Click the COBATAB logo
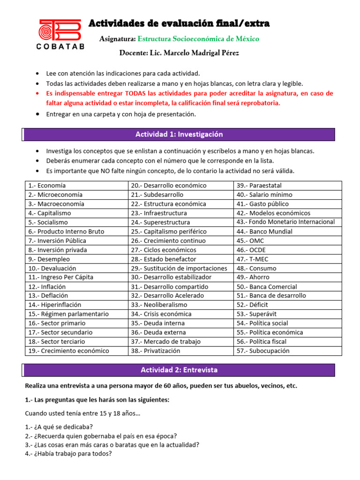(60, 34)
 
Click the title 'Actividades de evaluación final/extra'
(179, 23)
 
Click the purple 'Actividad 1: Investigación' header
(179, 135)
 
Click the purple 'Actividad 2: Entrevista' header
(179, 370)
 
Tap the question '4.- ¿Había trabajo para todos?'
(68, 454)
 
